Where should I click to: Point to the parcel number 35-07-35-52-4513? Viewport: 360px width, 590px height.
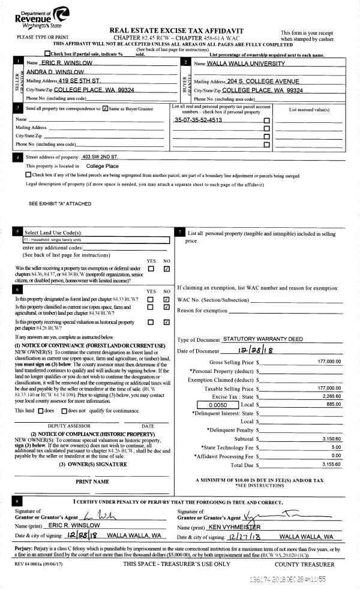pos(197,120)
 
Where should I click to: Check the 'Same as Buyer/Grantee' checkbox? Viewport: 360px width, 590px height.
pos(106,109)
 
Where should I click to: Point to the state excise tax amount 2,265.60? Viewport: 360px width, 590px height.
pos(331,396)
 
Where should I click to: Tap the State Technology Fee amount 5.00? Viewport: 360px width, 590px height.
pos(336,447)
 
